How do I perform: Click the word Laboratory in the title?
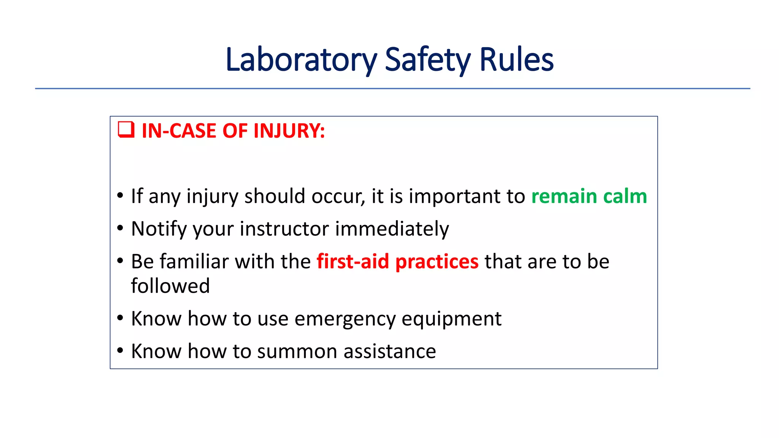pyautogui.click(x=301, y=60)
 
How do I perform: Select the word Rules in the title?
pyautogui.click(x=516, y=60)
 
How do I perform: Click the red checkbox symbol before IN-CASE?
pyautogui.click(x=126, y=130)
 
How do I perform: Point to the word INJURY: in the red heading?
pyautogui.click(x=289, y=131)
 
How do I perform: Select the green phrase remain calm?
pyautogui.click(x=589, y=197)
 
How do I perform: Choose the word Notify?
pyautogui.click(x=159, y=229)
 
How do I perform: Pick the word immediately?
pyautogui.click(x=392, y=229)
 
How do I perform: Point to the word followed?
pyautogui.click(x=170, y=286)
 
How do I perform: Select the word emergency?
pyautogui.click(x=345, y=319)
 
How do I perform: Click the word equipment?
pyautogui.click(x=452, y=319)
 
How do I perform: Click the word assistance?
pyautogui.click(x=390, y=351)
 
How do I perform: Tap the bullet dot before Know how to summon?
pyautogui.click(x=120, y=350)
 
